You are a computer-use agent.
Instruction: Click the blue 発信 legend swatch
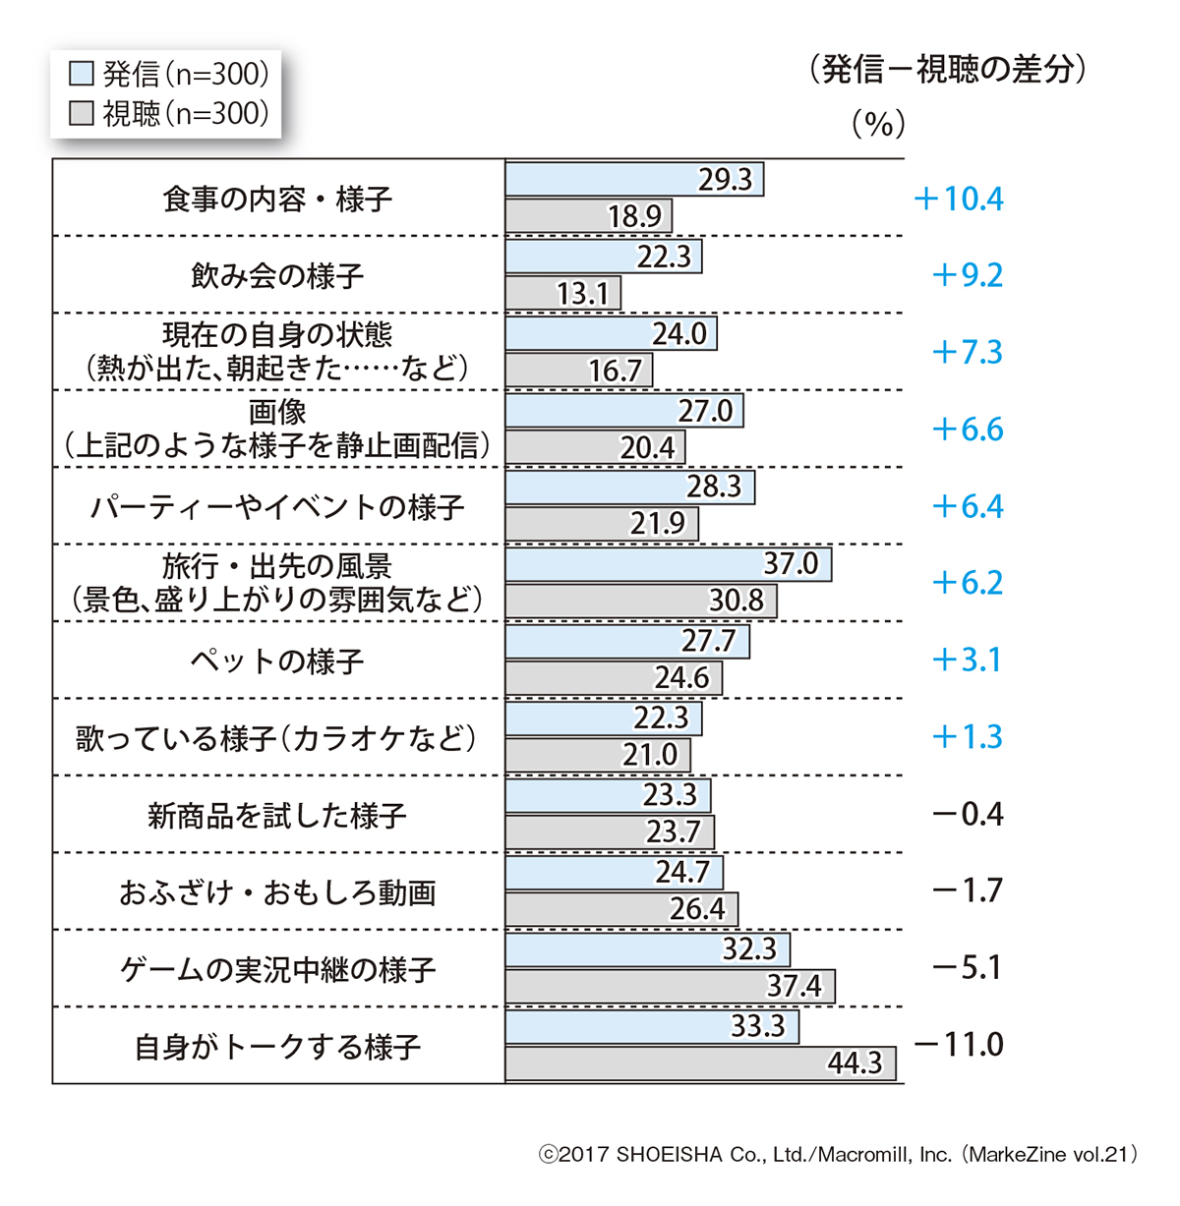pyautogui.click(x=82, y=75)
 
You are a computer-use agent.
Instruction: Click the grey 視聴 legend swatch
pyautogui.click(x=82, y=114)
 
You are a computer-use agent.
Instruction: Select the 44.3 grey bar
pyautogui.click(x=700, y=1063)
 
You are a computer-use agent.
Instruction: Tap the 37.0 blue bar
pyautogui.click(x=668, y=564)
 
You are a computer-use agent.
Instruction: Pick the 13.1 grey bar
pyautogui.click(x=562, y=294)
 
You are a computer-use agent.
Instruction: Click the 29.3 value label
pyautogui.click(x=725, y=180)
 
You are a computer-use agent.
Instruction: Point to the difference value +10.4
pyautogui.click(x=959, y=200)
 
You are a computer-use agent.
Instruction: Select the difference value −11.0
pyautogui.click(x=959, y=1044)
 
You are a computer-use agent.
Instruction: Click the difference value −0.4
pyautogui.click(x=968, y=814)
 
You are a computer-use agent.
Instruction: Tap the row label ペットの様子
pyautogui.click(x=277, y=660)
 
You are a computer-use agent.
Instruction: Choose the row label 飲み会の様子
pyautogui.click(x=277, y=276)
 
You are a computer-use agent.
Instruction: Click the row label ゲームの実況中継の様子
pyautogui.click(x=277, y=970)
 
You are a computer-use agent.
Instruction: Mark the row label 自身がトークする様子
pyautogui.click(x=277, y=1048)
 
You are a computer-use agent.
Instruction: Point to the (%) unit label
pyautogui.click(x=878, y=124)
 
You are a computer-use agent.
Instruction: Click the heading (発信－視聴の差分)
pyautogui.click(x=948, y=70)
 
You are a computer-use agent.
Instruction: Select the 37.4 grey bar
pyautogui.click(x=670, y=986)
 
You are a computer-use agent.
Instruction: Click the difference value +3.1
pyautogui.click(x=968, y=660)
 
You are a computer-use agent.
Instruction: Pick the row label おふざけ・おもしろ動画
pyautogui.click(x=277, y=892)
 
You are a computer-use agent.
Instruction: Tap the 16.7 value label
pyautogui.click(x=615, y=372)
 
